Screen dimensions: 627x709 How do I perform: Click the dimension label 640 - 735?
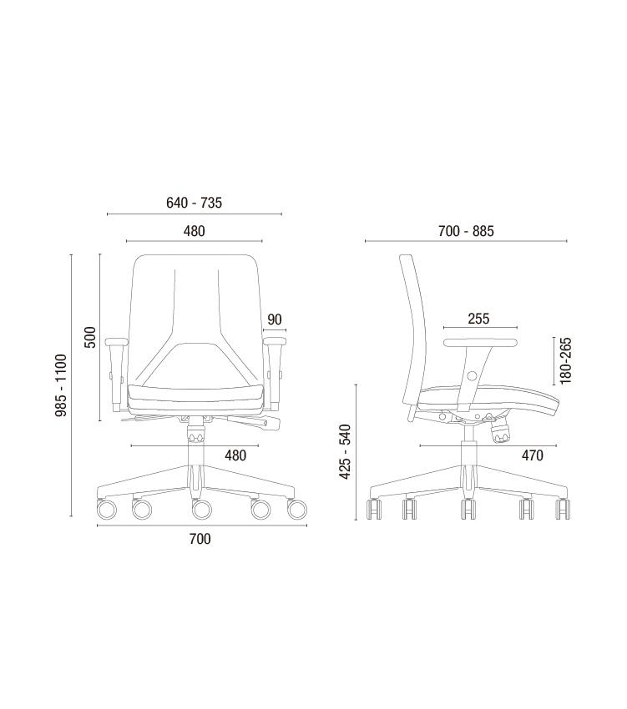(194, 203)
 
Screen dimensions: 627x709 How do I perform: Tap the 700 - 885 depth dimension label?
(466, 231)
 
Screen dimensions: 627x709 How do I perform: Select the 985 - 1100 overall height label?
(61, 385)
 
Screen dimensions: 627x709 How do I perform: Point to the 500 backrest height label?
(90, 337)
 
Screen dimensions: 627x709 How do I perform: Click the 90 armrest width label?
(275, 319)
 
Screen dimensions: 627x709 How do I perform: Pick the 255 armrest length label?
(478, 319)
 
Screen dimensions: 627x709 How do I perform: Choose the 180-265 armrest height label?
(565, 360)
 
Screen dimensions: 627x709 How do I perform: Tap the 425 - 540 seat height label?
(345, 452)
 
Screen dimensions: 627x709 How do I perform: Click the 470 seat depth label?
(532, 455)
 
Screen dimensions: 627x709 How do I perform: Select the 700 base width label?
(200, 539)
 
